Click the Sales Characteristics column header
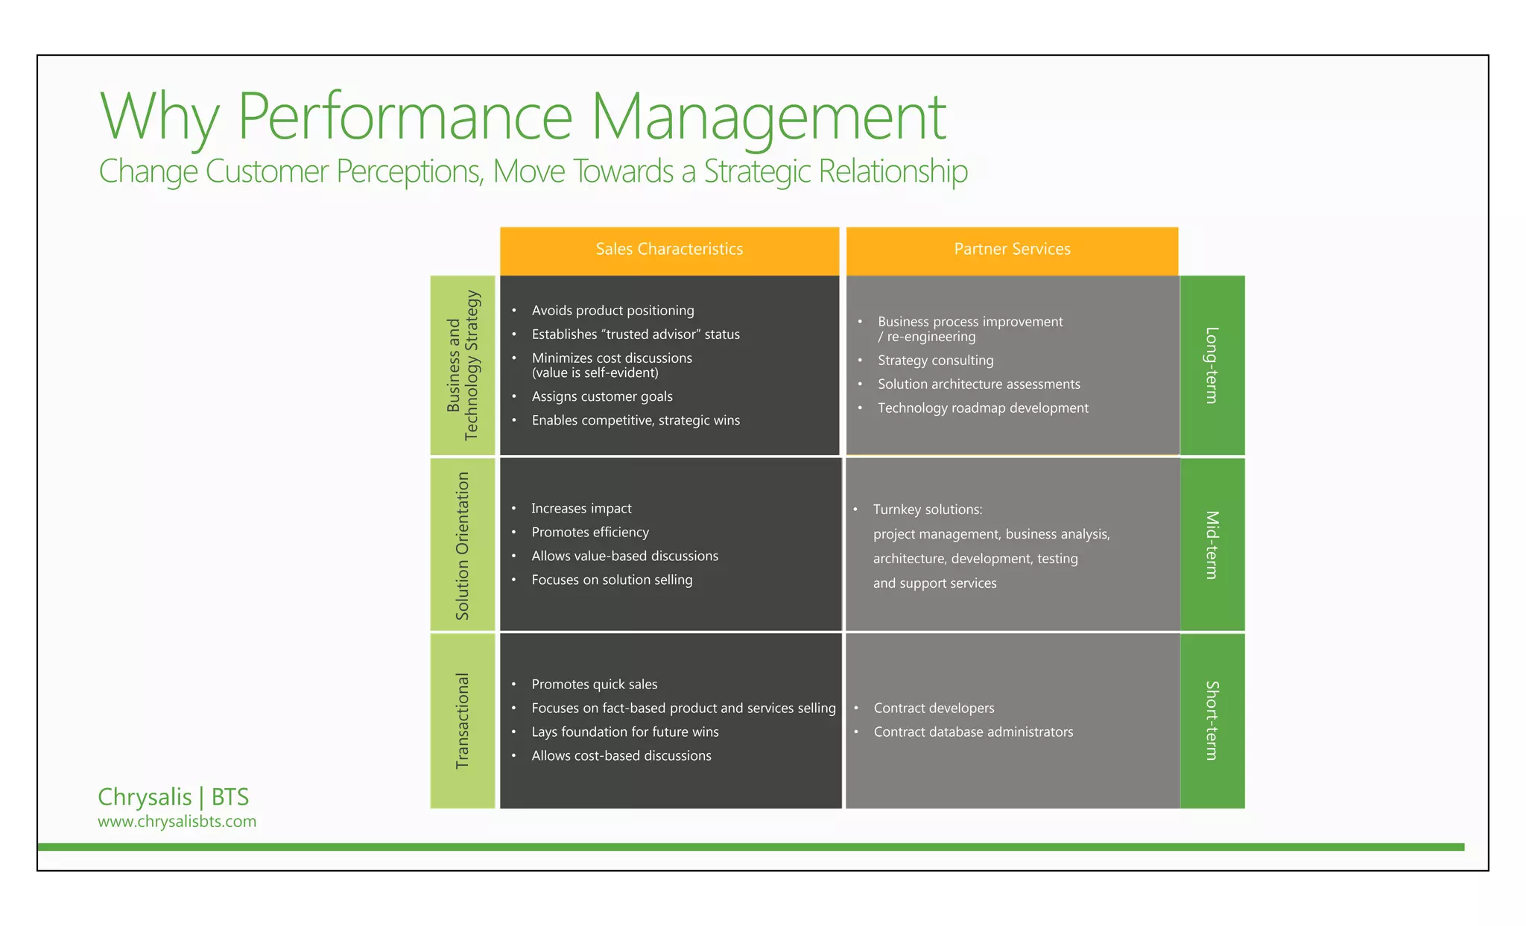click(x=669, y=250)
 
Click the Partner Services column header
click(x=1012, y=250)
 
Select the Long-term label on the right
click(x=1212, y=365)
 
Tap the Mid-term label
click(x=1212, y=545)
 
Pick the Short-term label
click(x=1212, y=720)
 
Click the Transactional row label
click(x=463, y=720)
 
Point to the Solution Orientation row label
click(x=463, y=545)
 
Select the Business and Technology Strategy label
click(x=463, y=365)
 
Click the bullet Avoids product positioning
click(x=612, y=311)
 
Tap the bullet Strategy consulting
click(x=935, y=361)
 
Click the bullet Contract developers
click(x=934, y=708)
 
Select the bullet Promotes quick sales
click(x=594, y=685)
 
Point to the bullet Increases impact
click(x=581, y=509)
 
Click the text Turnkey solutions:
click(x=928, y=510)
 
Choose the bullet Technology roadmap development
click(x=982, y=408)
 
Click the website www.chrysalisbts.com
click(x=177, y=822)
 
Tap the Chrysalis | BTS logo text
click(x=173, y=797)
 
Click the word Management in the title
click(x=768, y=117)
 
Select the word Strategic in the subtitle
click(x=757, y=171)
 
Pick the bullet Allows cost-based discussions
click(x=621, y=756)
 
